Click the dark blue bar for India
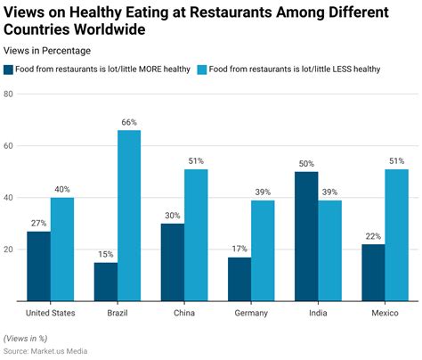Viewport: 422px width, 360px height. pos(306,236)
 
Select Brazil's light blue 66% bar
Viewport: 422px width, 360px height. pos(129,216)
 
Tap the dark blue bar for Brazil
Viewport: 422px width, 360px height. pos(105,282)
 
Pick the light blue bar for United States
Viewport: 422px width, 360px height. pos(61,250)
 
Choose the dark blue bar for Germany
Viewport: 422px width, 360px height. pos(239,279)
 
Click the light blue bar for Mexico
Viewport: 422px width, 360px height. pos(396,235)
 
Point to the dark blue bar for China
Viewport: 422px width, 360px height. pos(173,262)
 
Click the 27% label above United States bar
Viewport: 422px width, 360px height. pos(38,222)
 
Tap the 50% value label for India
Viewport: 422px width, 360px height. pos(306,162)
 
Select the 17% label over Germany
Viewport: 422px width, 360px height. pos(239,248)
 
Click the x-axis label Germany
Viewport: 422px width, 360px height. pos(251,314)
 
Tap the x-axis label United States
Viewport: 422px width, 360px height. pos(50,314)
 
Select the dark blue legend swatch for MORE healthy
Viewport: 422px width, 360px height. pos(9,69)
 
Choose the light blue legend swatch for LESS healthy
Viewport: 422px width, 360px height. pos(201,69)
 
